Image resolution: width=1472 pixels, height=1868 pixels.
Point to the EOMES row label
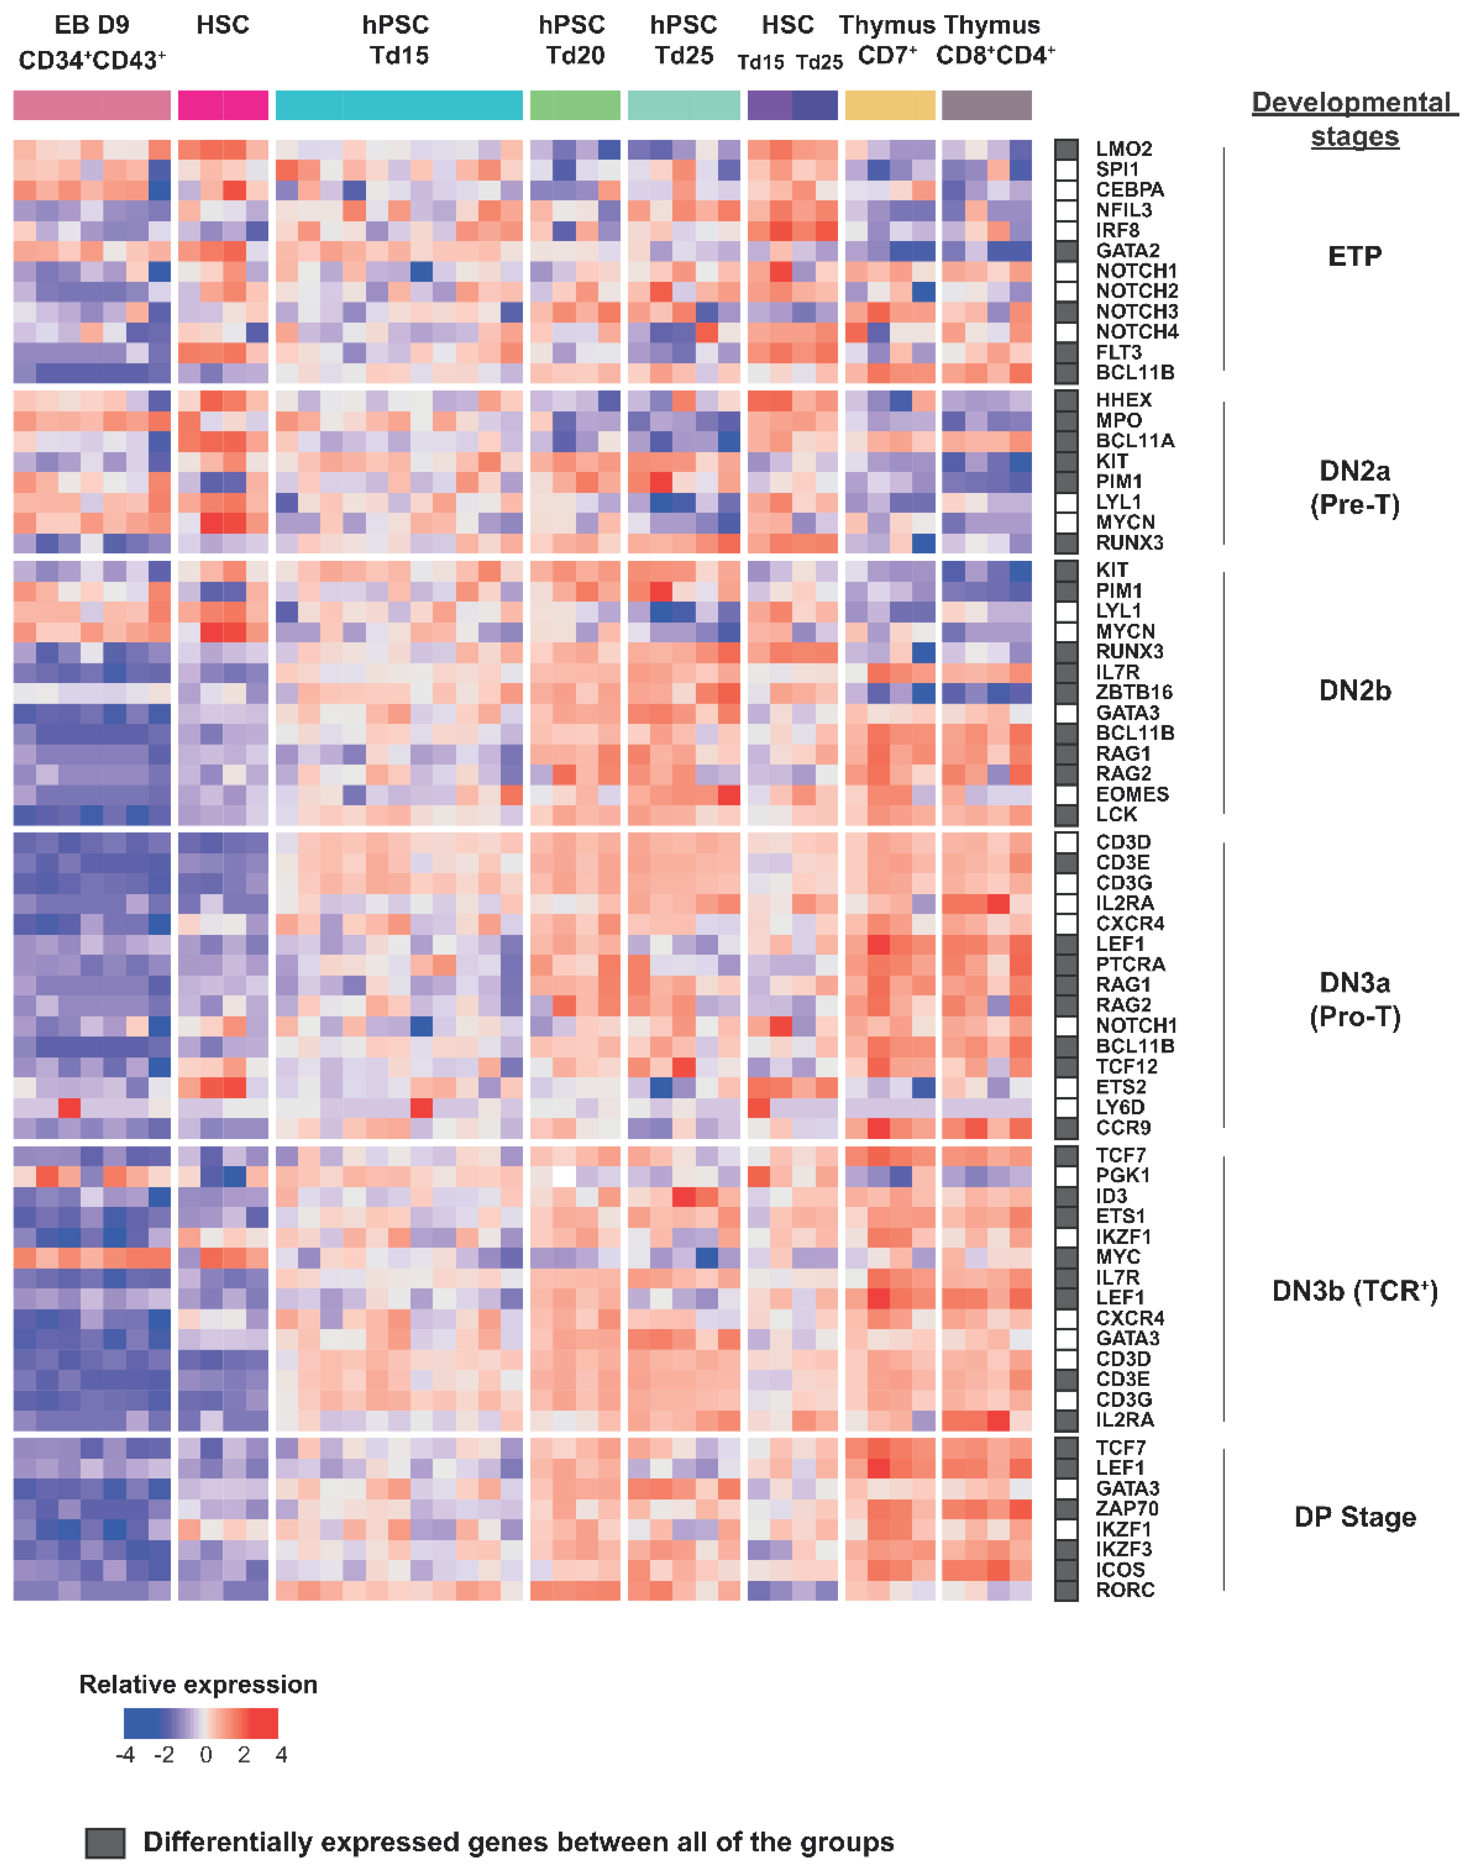point(1131,794)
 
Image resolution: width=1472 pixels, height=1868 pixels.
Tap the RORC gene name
point(1125,1589)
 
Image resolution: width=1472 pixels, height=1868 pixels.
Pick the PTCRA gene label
point(1130,964)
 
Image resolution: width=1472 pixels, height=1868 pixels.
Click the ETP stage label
point(1354,256)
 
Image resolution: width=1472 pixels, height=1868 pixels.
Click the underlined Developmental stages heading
point(1354,119)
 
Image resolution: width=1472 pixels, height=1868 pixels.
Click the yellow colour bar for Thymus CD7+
point(889,105)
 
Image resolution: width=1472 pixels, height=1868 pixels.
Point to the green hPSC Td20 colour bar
point(575,105)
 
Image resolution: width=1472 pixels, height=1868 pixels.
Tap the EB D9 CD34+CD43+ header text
point(92,41)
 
